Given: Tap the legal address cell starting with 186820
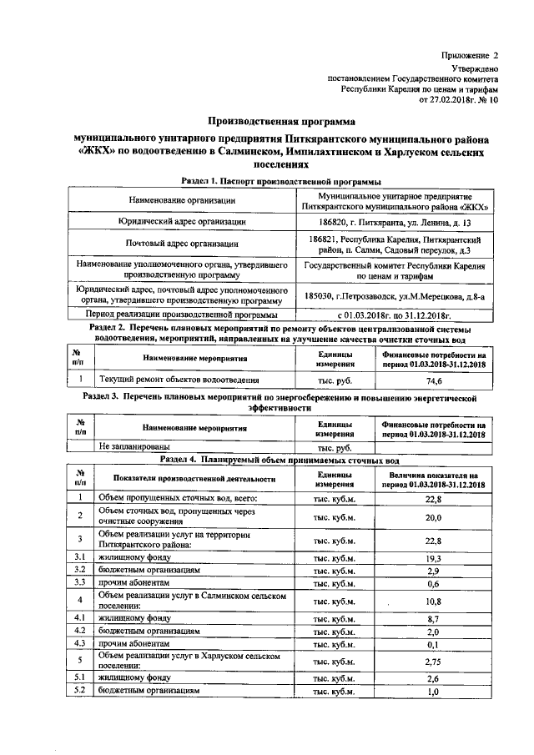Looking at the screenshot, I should point(395,223).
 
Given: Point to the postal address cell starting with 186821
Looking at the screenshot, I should point(395,244).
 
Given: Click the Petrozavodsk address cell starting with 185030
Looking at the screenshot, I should point(395,295).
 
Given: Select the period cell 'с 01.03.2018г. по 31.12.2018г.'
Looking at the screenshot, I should point(395,315).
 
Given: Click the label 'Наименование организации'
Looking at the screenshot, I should point(186,201).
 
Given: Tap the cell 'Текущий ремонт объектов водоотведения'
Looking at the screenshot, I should point(162,380).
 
